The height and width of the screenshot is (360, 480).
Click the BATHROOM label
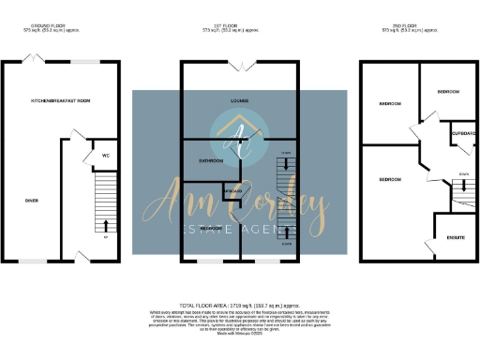click(210, 160)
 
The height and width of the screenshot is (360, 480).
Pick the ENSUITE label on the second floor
click(456, 237)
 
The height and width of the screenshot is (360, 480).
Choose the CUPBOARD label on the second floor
click(464, 133)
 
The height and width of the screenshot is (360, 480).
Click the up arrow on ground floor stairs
click(105, 223)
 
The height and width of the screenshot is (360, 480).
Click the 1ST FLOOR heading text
click(239, 26)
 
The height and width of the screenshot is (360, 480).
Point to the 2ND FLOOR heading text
click(419, 26)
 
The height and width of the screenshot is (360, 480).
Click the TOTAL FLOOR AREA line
click(240, 307)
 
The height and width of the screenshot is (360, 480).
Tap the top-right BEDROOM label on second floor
click(448, 92)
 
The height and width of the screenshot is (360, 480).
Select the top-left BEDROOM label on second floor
click(390, 103)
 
